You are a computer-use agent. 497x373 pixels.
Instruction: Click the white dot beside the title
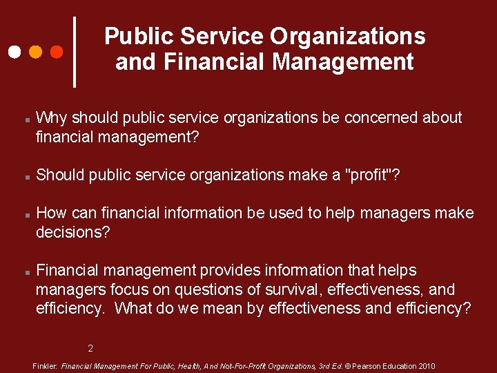[x=14, y=52]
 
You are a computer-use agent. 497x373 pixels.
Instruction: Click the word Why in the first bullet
[x=51, y=118]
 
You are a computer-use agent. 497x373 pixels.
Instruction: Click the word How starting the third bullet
[x=51, y=213]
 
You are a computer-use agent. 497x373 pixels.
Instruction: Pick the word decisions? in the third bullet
[x=72, y=232]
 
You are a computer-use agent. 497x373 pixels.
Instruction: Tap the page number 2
[x=90, y=347]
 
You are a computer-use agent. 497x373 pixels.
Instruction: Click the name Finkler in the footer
[x=46, y=366]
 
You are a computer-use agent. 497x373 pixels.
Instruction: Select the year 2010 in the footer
[x=426, y=366]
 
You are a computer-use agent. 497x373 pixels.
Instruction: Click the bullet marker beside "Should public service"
[x=26, y=177]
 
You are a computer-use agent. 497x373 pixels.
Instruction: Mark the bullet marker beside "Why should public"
[x=26, y=119]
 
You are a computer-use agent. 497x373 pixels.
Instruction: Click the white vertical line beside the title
[x=75, y=52]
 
